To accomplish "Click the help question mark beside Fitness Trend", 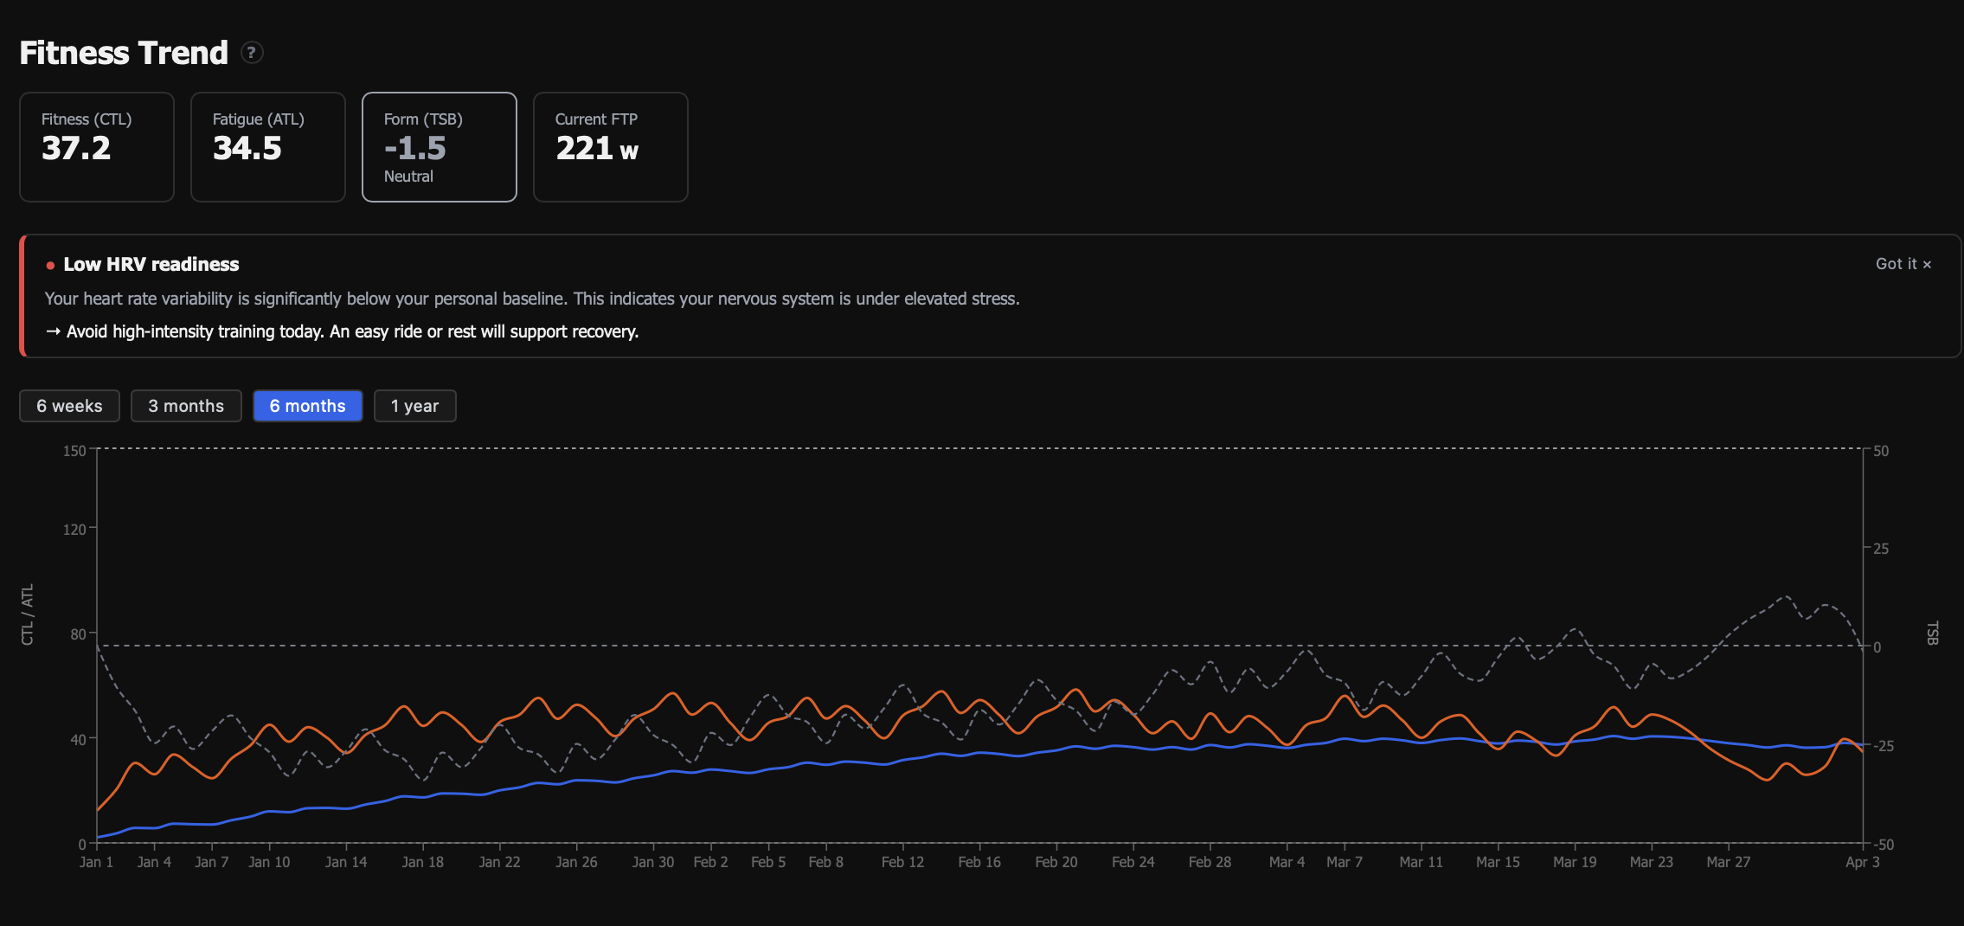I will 251,53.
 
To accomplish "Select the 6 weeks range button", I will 69,406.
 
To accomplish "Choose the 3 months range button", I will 186,406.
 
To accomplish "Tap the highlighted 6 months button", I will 307,406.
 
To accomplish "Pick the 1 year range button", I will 414,406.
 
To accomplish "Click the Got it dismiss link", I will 1903,264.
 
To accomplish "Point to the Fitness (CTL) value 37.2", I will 76,149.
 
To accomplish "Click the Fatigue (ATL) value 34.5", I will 247,149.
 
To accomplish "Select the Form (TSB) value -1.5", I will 415,149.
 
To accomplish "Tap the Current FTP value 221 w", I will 597,149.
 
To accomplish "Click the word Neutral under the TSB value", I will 408,177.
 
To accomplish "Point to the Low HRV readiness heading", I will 151,265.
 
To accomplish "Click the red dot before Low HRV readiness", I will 50,266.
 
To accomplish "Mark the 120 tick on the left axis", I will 74,529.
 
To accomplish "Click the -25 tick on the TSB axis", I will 1881,746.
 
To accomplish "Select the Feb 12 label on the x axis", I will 902,862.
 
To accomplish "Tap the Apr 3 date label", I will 1862,862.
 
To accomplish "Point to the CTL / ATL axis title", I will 28,614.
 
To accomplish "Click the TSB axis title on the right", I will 1932,633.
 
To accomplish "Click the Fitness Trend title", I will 124,53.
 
